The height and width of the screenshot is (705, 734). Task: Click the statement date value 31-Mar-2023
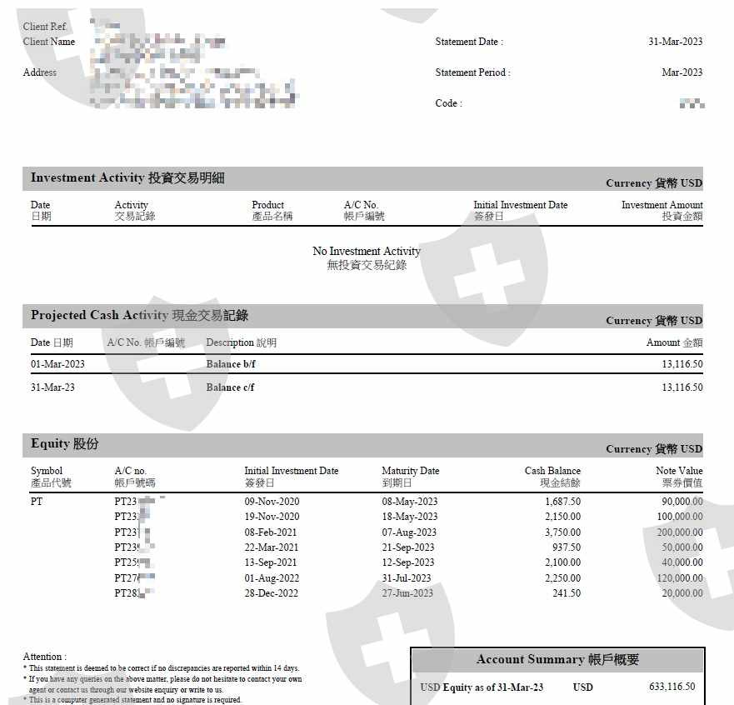click(675, 42)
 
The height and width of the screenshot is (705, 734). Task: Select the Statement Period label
click(472, 72)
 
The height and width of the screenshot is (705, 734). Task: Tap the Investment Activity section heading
click(127, 178)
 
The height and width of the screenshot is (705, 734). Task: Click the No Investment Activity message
click(367, 252)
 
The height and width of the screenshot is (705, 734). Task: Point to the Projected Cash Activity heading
click(139, 316)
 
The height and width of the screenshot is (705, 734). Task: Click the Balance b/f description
click(230, 364)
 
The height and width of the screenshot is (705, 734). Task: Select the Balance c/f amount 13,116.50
click(682, 387)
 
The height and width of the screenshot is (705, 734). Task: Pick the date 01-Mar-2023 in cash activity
click(57, 364)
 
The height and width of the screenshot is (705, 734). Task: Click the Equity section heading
click(64, 444)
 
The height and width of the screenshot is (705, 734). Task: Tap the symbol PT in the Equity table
click(37, 502)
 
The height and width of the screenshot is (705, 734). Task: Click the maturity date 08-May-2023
click(409, 502)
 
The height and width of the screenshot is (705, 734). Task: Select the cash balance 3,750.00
click(562, 532)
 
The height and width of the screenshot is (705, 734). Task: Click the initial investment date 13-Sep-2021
click(272, 562)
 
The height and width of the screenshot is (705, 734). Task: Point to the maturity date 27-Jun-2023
click(407, 593)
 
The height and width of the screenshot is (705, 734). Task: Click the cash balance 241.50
click(567, 593)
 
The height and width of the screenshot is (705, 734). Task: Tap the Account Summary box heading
click(557, 660)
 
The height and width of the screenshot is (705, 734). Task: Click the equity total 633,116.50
click(672, 687)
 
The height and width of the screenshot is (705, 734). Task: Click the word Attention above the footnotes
click(44, 657)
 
